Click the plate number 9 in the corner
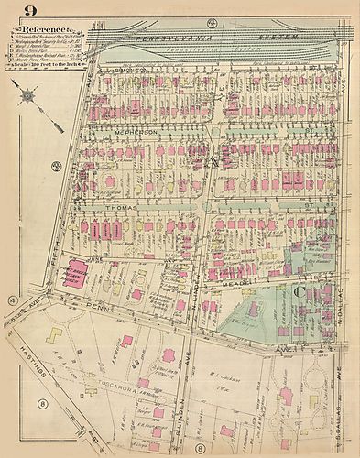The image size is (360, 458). pos(29,12)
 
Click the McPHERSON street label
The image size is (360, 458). pos(137,133)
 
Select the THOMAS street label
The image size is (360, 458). pos(125,208)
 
